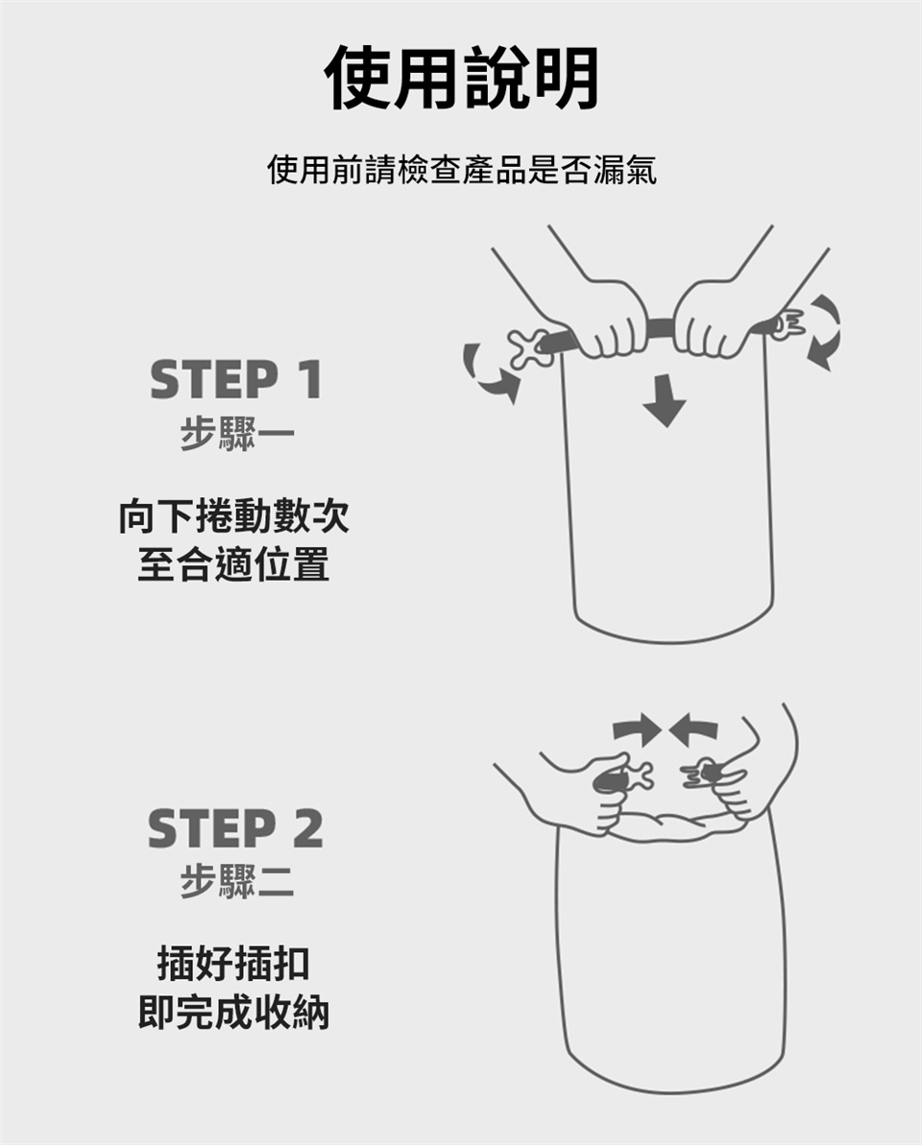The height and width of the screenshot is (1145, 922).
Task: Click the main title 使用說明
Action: (461, 78)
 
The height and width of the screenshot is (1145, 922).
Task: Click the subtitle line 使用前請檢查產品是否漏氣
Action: (462, 170)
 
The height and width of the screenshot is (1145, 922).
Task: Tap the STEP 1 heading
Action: (236, 379)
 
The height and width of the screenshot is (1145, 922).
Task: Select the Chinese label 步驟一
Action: (236, 435)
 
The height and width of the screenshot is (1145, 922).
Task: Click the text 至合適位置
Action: (233, 564)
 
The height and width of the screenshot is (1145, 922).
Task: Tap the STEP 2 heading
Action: (235, 828)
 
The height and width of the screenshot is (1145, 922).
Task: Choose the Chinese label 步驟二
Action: (236, 881)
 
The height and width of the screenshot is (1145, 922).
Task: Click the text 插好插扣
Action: (233, 964)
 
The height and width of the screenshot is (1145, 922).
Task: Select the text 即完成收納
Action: (233, 1013)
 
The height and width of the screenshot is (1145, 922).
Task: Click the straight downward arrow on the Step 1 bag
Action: (665, 400)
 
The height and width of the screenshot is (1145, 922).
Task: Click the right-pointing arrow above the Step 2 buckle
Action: (637, 731)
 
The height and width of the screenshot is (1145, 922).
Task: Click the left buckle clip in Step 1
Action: (529, 347)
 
